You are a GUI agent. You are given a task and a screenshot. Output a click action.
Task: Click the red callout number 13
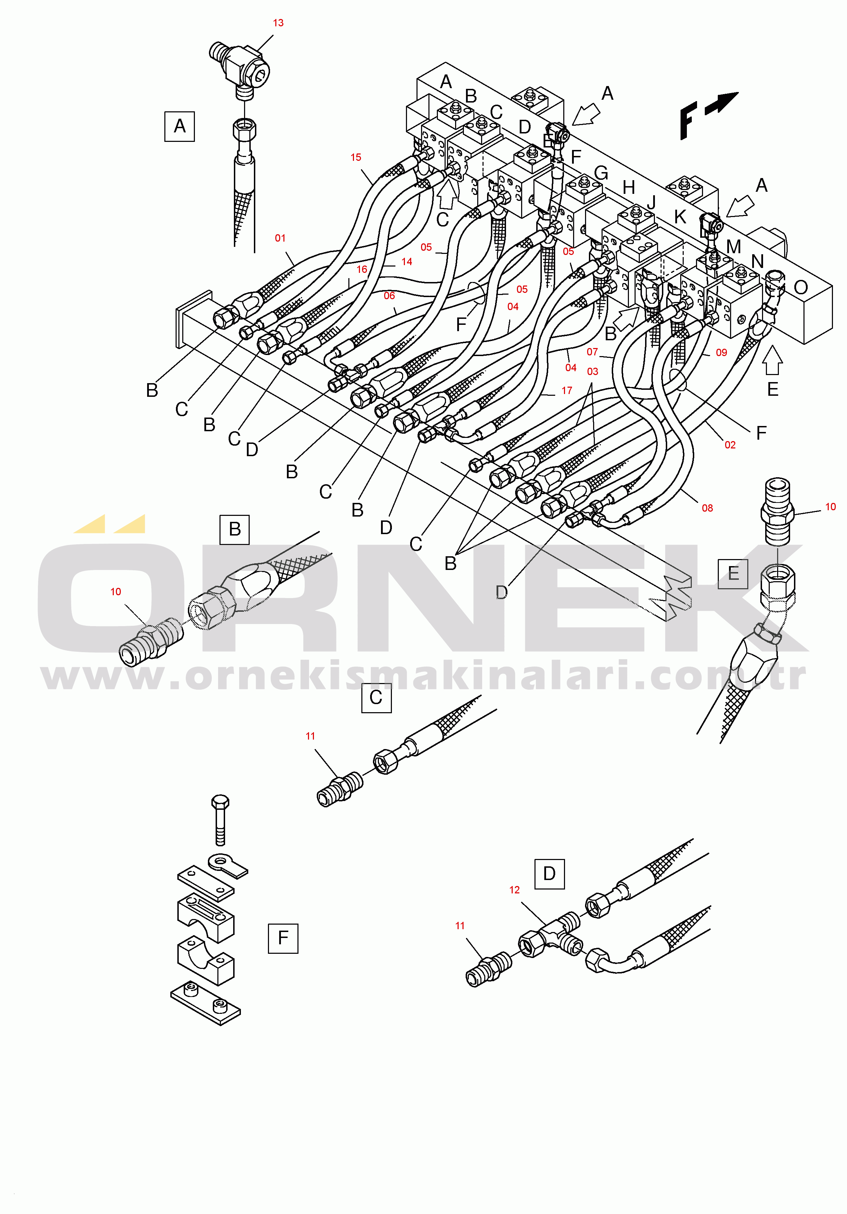pyautogui.click(x=278, y=23)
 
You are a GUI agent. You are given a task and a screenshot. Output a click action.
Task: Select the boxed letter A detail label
pyautogui.click(x=180, y=126)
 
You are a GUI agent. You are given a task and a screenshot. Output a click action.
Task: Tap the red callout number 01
pyautogui.click(x=280, y=238)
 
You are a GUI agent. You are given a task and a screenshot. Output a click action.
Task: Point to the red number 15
pyautogui.click(x=356, y=158)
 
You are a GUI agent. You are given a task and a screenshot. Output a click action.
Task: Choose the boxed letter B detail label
pyautogui.click(x=235, y=529)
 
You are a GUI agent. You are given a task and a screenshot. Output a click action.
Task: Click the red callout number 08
pyautogui.click(x=708, y=508)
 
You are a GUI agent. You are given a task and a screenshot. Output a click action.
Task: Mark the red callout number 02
pyautogui.click(x=730, y=445)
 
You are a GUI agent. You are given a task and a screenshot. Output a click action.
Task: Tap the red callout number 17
pyautogui.click(x=567, y=391)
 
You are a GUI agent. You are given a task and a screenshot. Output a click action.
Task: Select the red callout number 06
pyautogui.click(x=389, y=296)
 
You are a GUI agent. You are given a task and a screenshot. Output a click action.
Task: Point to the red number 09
pyautogui.click(x=721, y=353)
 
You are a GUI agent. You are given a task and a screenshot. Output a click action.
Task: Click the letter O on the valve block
pyautogui.click(x=801, y=288)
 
